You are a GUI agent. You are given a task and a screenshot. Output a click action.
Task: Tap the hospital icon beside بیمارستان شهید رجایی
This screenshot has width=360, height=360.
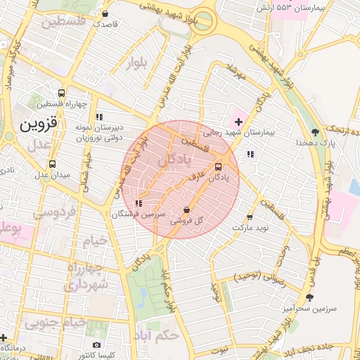click(238, 122)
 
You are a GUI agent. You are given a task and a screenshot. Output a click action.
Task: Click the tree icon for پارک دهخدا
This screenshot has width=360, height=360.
click(315, 131)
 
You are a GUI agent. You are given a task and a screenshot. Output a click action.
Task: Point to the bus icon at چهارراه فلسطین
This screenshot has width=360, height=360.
click(62, 93)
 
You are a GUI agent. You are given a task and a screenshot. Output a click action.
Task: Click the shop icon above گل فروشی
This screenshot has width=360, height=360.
click(186, 210)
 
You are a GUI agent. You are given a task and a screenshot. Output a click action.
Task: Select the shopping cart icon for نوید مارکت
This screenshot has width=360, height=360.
click(250, 217)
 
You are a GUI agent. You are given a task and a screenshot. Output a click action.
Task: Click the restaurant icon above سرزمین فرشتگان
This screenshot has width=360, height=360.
click(139, 202)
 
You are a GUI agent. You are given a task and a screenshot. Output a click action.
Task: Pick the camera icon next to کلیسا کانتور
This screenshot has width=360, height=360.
click(97, 345)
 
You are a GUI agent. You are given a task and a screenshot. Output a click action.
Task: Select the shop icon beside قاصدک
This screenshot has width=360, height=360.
click(105, 13)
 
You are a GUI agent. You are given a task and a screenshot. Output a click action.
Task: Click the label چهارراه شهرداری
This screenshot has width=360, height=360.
click(86, 276)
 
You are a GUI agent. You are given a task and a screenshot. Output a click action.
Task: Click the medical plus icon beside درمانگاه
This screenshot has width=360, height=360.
click(4, 337)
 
